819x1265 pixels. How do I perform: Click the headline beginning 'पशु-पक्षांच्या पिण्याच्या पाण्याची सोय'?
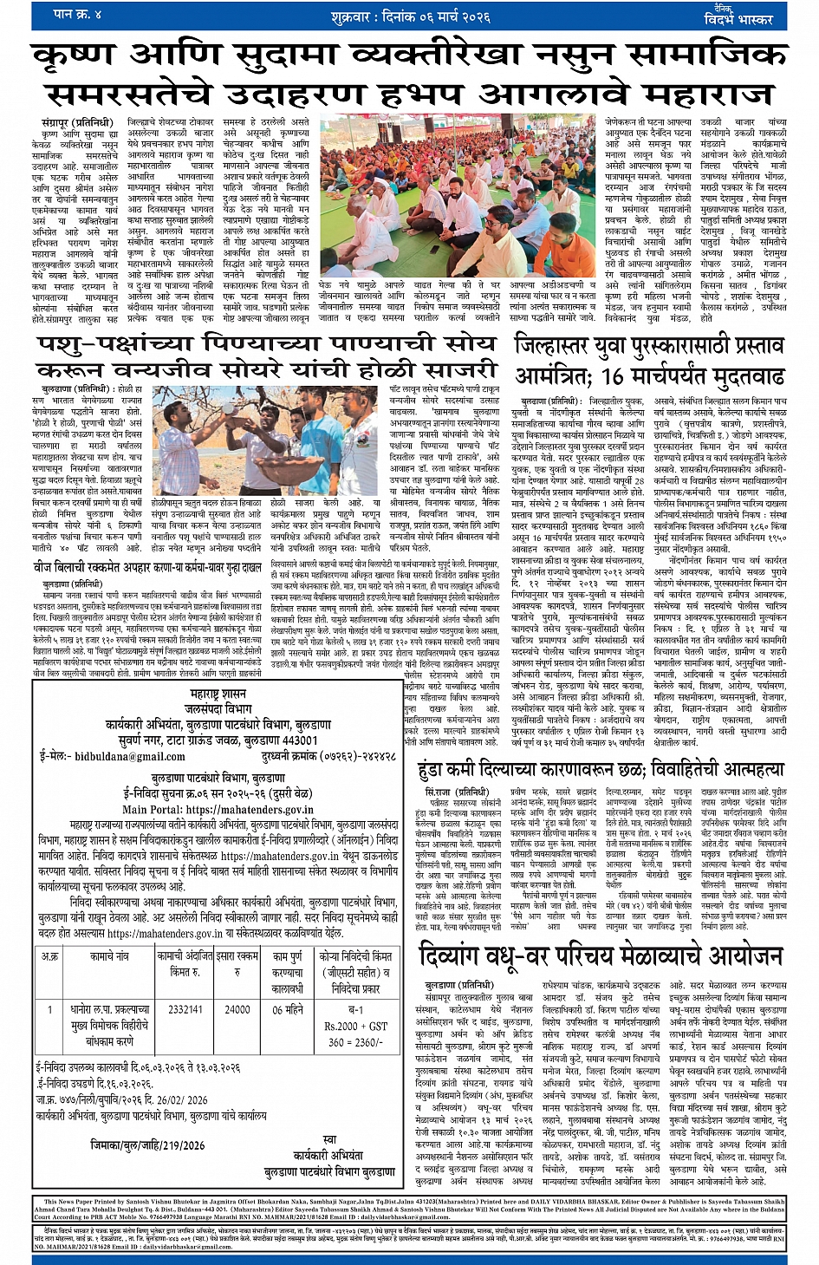[267, 344]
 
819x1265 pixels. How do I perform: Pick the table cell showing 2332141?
[185, 1009]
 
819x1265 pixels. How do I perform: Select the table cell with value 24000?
[237, 1009]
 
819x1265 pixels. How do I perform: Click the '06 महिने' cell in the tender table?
[288, 1009]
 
